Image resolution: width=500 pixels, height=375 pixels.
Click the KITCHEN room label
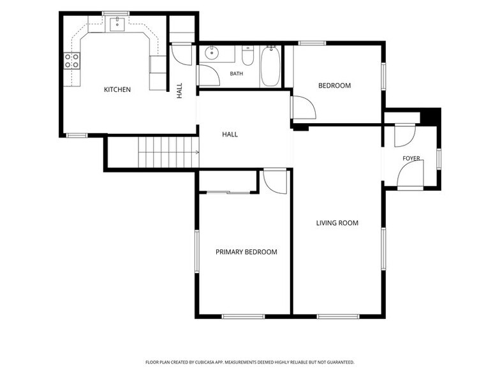tap(117, 89)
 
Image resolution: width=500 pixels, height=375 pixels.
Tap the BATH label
tap(237, 74)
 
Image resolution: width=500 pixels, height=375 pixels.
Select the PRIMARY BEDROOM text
tap(246, 252)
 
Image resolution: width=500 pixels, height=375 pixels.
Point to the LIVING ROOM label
tap(337, 223)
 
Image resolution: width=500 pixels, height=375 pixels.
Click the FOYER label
tap(411, 158)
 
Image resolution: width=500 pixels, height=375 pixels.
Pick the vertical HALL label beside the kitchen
tap(179, 91)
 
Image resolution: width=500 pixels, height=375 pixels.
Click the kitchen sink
tap(117, 24)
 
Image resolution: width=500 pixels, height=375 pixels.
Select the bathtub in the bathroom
tap(270, 66)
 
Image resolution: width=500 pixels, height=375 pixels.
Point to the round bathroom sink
tap(211, 53)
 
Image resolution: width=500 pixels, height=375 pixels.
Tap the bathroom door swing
tap(209, 75)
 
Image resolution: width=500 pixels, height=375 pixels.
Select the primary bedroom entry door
tap(275, 182)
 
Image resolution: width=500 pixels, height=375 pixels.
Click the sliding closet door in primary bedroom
tap(228, 193)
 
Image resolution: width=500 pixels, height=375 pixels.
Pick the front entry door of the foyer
tap(411, 173)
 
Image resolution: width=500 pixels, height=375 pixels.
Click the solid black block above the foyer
tap(431, 116)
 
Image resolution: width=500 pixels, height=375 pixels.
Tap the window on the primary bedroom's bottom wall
tap(244, 316)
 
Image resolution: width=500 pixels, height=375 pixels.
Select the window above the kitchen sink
tap(116, 13)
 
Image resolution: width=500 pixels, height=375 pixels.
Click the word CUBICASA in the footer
tap(207, 362)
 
